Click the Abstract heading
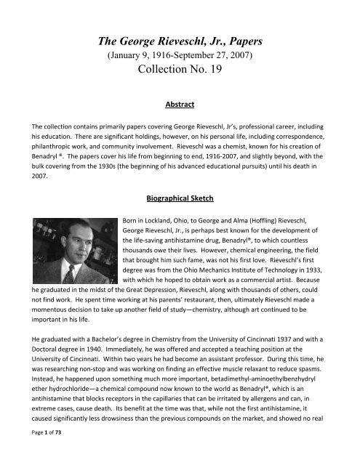click(x=180, y=104)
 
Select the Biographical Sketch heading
click(x=180, y=197)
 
